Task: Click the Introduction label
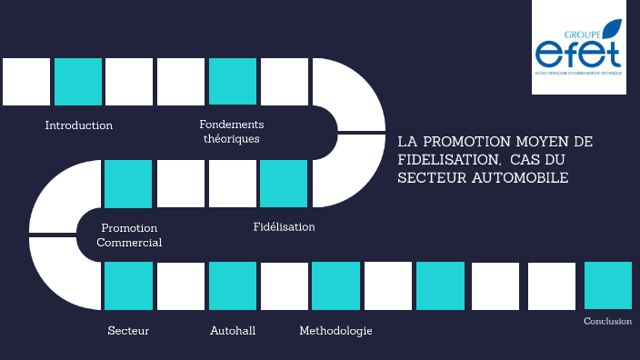(x=79, y=125)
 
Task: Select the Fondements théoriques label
(x=231, y=132)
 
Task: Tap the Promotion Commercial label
(x=129, y=235)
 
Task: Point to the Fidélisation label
(x=284, y=226)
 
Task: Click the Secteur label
(x=128, y=331)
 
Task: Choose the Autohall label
(x=232, y=331)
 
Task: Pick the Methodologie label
(x=335, y=331)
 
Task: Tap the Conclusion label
(x=607, y=321)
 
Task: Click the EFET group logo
(x=580, y=55)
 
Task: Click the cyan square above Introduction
(x=78, y=82)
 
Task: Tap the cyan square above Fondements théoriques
(x=233, y=82)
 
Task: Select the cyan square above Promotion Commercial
(x=128, y=184)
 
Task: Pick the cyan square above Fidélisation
(x=284, y=184)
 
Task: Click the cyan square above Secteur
(x=128, y=286)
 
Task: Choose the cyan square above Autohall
(x=233, y=286)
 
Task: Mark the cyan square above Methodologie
(x=335, y=286)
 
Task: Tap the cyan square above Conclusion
(x=608, y=285)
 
